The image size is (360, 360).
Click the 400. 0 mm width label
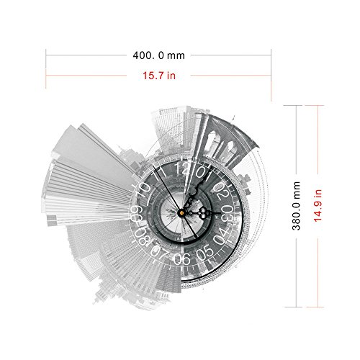point(159,55)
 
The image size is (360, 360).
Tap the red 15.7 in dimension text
point(159,76)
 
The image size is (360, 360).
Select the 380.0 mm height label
point(297,206)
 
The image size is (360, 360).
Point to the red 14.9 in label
point(318,206)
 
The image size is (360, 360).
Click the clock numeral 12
point(182,168)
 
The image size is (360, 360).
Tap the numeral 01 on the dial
point(204,172)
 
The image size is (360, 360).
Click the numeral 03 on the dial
point(227,214)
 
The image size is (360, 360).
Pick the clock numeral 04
point(221,236)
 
